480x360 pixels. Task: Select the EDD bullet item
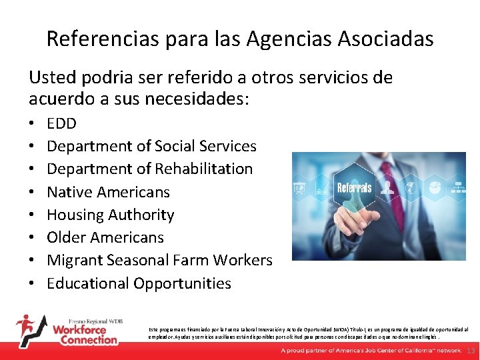pos(61,123)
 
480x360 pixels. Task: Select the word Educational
pos(87,283)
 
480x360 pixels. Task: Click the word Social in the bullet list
pos(177,146)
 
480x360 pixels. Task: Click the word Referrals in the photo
pos(355,187)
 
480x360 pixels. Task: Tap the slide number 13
pos(471,351)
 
